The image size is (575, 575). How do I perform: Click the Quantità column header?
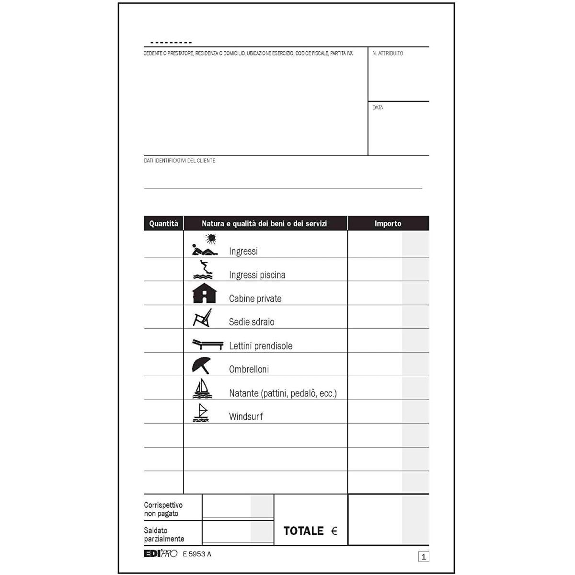coord(163,224)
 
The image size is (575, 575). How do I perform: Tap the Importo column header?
coord(388,224)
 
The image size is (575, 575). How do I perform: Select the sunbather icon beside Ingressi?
coord(205,245)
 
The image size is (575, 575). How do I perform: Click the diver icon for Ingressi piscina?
coord(203,270)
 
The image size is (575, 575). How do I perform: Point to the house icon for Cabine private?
coord(204,293)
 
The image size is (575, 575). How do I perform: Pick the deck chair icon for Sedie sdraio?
coord(202,317)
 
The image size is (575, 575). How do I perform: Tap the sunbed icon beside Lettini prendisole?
coord(207,344)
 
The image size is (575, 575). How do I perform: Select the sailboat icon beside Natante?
coord(201,389)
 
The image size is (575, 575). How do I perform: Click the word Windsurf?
coord(246,416)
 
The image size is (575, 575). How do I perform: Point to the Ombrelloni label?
coord(249,369)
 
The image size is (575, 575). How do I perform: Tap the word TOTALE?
coord(303,531)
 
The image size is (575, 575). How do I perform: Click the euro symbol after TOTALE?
coord(334,531)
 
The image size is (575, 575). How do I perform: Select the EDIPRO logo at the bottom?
coord(161,554)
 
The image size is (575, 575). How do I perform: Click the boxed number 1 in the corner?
coord(424,557)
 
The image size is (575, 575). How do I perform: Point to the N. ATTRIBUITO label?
coord(388,53)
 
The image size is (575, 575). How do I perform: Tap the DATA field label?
coord(378,108)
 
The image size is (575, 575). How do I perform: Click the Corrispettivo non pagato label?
coord(163,509)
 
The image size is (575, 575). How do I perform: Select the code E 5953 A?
coord(197,554)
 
